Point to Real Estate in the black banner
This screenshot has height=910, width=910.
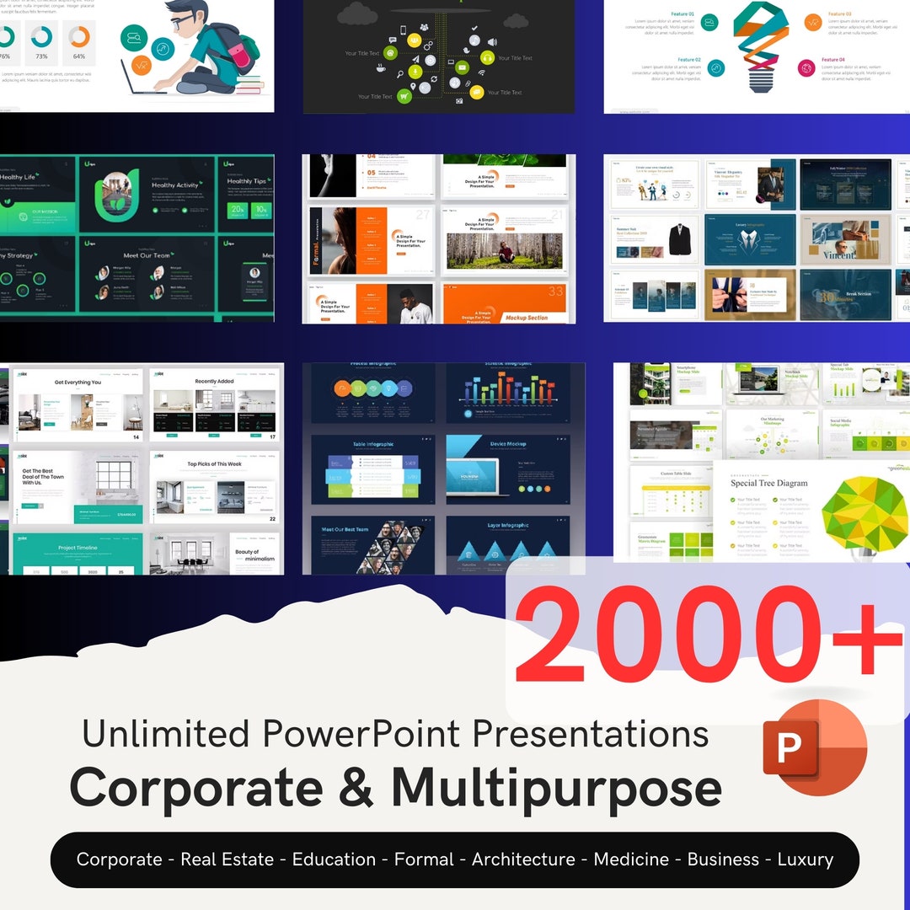(x=227, y=859)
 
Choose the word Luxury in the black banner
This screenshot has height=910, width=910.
(x=805, y=859)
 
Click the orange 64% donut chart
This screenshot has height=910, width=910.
(x=79, y=37)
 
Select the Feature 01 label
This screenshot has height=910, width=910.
(x=682, y=14)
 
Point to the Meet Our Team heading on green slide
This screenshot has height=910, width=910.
(x=147, y=255)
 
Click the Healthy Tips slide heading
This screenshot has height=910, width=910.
(x=246, y=181)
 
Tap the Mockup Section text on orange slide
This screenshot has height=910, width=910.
(x=526, y=318)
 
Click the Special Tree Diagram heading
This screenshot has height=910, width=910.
(x=768, y=483)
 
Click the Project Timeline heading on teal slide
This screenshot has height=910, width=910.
(x=78, y=548)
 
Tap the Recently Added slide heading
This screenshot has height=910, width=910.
(x=214, y=382)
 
